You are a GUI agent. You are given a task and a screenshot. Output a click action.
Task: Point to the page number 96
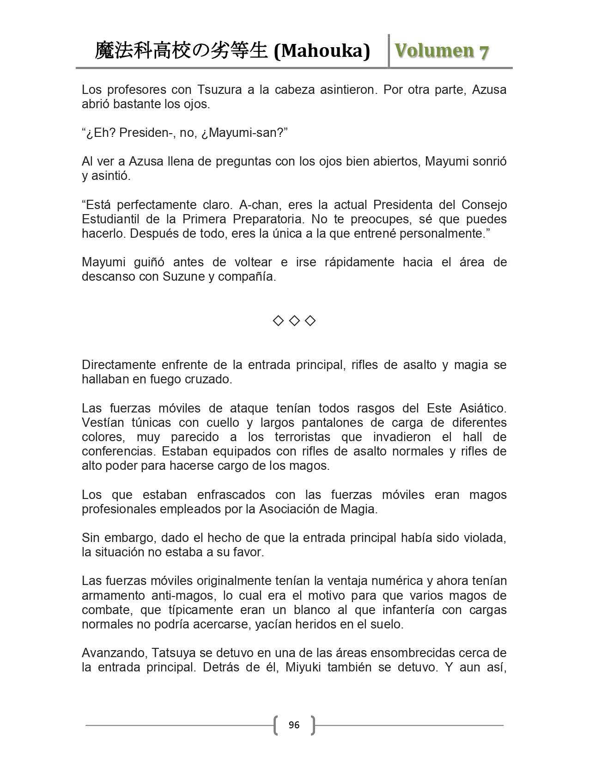click(x=294, y=725)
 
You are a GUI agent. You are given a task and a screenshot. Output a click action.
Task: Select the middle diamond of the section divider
click(x=294, y=320)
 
